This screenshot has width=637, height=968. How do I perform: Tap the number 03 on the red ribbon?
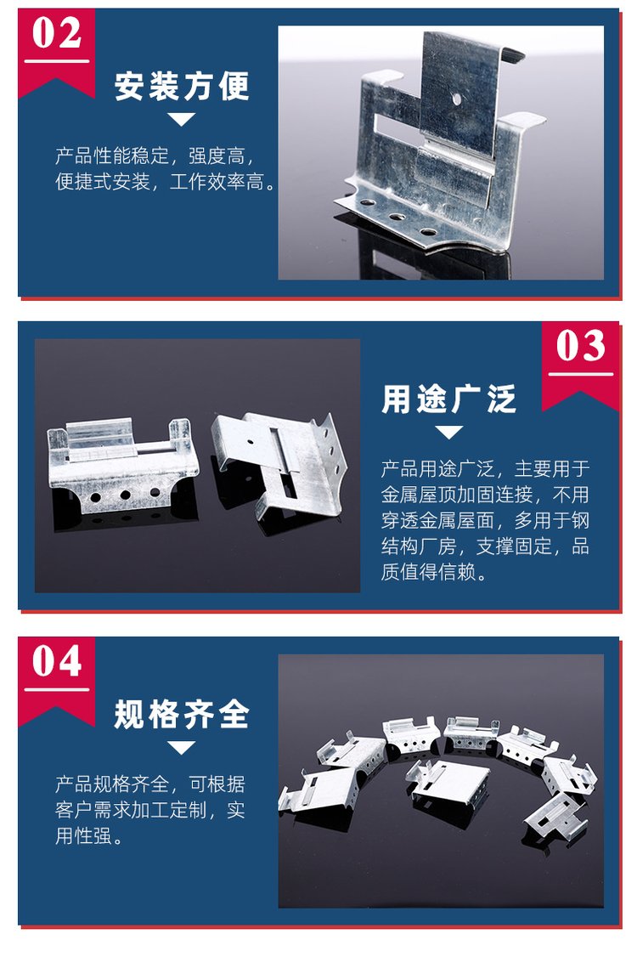click(x=581, y=346)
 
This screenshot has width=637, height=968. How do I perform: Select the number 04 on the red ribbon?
click(x=57, y=661)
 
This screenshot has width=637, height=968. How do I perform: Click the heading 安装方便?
click(x=182, y=87)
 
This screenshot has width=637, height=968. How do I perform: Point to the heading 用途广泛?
click(x=448, y=399)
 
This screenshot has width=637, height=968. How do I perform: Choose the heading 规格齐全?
click(x=182, y=715)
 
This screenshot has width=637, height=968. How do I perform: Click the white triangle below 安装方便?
click(x=182, y=119)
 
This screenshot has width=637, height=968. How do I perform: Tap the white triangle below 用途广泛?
click(x=448, y=432)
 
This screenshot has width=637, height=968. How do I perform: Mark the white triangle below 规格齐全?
click(x=182, y=748)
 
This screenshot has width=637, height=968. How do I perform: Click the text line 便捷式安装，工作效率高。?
click(x=166, y=182)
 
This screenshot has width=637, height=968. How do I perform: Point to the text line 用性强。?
click(x=89, y=836)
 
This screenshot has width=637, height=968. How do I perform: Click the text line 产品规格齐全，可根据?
click(x=150, y=784)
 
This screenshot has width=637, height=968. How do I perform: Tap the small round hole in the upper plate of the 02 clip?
click(x=456, y=98)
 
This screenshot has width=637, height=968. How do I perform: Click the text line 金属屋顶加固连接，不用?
click(x=485, y=495)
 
